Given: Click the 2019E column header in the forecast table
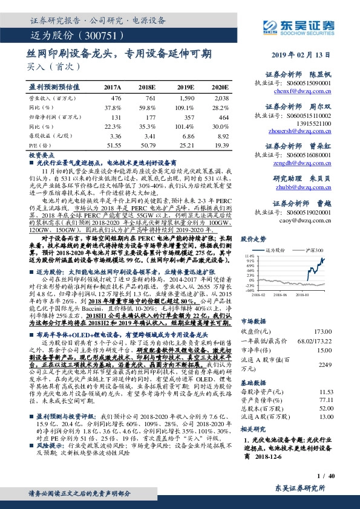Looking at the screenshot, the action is pos(184,88).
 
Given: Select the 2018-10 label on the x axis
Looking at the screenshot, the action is pos(313,295).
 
